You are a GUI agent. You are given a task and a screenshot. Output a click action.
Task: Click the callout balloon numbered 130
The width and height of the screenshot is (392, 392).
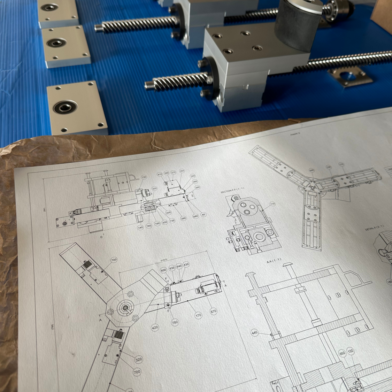click(x=144, y=177)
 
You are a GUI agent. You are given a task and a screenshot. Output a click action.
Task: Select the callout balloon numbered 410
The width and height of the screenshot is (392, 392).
click(x=160, y=174)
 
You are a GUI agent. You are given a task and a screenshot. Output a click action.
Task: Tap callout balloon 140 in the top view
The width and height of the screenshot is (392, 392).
click(x=140, y=227)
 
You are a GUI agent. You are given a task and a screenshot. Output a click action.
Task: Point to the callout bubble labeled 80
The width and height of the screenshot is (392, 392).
click(x=203, y=215)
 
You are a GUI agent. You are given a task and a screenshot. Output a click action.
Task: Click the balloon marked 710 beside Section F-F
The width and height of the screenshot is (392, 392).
click(x=272, y=203)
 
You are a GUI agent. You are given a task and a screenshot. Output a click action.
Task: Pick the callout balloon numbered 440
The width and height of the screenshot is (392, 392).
click(x=254, y=332)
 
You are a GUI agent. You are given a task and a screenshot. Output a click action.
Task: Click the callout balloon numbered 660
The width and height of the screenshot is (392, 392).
click(x=342, y=353)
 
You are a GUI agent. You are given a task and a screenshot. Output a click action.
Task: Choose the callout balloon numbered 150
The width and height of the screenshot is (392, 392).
click(x=350, y=351)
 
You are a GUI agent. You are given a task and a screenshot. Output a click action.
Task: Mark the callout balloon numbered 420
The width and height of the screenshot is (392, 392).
click(x=155, y=327)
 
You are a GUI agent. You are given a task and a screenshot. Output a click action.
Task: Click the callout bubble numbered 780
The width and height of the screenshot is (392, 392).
click(x=175, y=322)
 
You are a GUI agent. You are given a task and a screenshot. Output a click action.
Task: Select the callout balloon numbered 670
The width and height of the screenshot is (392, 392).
click(x=214, y=311)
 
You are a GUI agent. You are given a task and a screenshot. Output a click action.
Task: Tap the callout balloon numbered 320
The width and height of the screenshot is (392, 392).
click(x=139, y=360)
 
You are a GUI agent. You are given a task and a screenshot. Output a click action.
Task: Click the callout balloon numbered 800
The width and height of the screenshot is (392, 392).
click(x=163, y=270)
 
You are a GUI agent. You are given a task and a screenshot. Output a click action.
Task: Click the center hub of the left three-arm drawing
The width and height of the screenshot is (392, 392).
click(x=125, y=307)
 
